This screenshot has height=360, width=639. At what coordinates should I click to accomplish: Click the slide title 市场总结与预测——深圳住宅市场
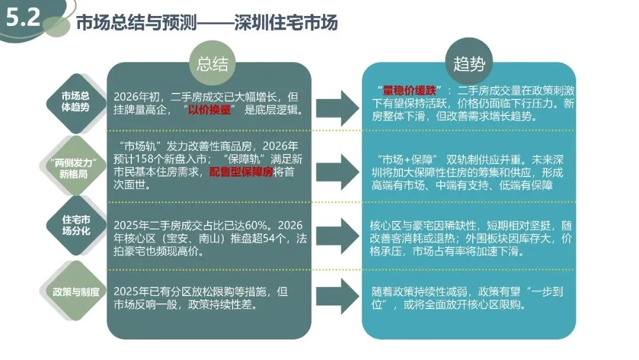click(206, 23)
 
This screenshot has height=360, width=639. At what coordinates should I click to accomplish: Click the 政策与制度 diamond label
click(76, 292)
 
